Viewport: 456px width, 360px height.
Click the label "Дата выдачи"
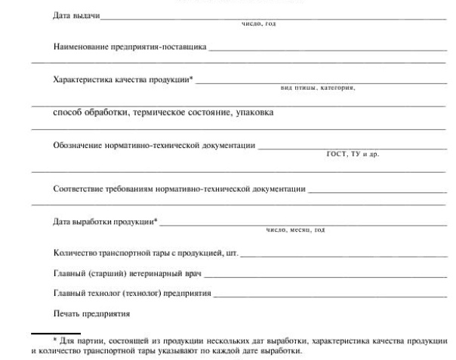tap(76, 16)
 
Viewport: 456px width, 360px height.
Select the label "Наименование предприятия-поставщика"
tap(131, 47)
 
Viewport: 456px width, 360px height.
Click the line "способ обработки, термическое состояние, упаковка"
tap(163, 113)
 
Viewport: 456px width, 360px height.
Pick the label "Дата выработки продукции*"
tap(106, 221)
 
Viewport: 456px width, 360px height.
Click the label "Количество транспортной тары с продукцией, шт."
tap(146, 252)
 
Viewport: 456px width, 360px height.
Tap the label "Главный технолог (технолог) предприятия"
tap(132, 293)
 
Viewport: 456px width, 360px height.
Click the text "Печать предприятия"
tap(91, 312)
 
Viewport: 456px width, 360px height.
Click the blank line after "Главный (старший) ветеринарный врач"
tap(325, 276)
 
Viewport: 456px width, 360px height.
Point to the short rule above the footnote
tap(45, 333)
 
